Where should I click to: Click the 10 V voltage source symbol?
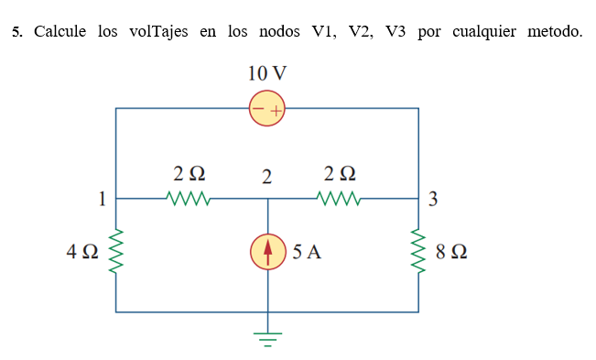pyautogui.click(x=267, y=110)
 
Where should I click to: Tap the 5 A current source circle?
pyautogui.click(x=267, y=254)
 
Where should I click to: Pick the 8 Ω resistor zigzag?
pyautogui.click(x=419, y=253)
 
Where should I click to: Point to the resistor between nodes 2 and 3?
pyautogui.click(x=340, y=197)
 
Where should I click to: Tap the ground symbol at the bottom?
pyautogui.click(x=267, y=340)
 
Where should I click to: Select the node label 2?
pyautogui.click(x=266, y=177)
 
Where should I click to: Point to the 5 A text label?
pyautogui.click(x=307, y=253)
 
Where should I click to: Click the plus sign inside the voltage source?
pyautogui.click(x=276, y=111)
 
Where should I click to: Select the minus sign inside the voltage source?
pyautogui.click(x=258, y=111)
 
